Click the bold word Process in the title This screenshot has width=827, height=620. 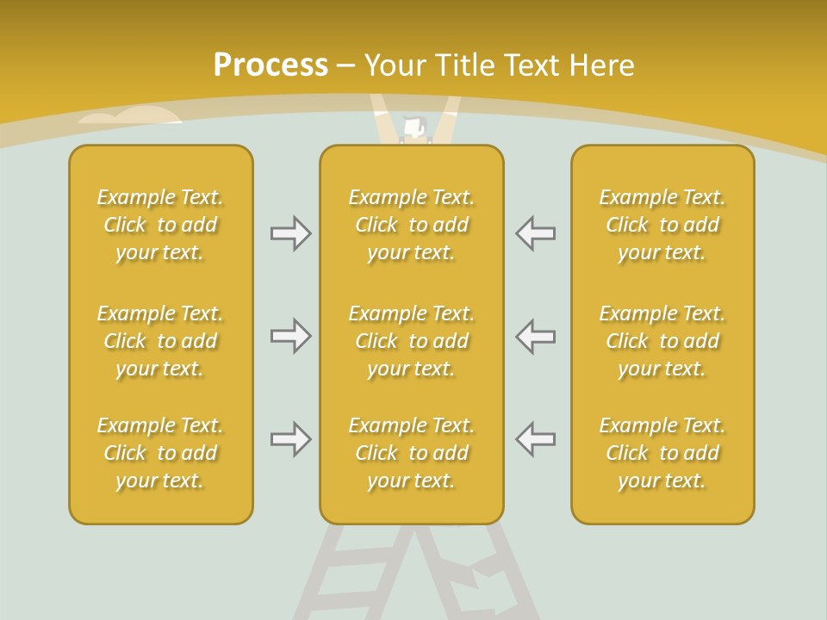click(x=270, y=65)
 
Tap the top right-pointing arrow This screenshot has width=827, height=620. click(x=290, y=233)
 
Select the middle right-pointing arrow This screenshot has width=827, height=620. click(x=290, y=336)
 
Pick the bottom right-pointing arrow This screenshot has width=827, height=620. click(x=290, y=439)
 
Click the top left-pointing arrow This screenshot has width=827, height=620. click(x=536, y=233)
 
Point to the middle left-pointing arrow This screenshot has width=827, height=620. click(x=536, y=336)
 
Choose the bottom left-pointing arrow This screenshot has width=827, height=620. click(x=536, y=439)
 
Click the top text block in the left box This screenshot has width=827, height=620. click(x=160, y=225)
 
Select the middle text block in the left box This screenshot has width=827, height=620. click(x=160, y=341)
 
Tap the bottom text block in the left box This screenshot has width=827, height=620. click(x=160, y=453)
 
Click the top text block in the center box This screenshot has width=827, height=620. click(x=411, y=225)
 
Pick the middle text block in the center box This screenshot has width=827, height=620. click(x=411, y=341)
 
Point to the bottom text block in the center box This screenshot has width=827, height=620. click(x=411, y=453)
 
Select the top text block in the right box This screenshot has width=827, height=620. click(x=662, y=225)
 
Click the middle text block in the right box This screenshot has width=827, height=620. click(x=662, y=341)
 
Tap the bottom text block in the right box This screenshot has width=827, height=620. click(x=662, y=453)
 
